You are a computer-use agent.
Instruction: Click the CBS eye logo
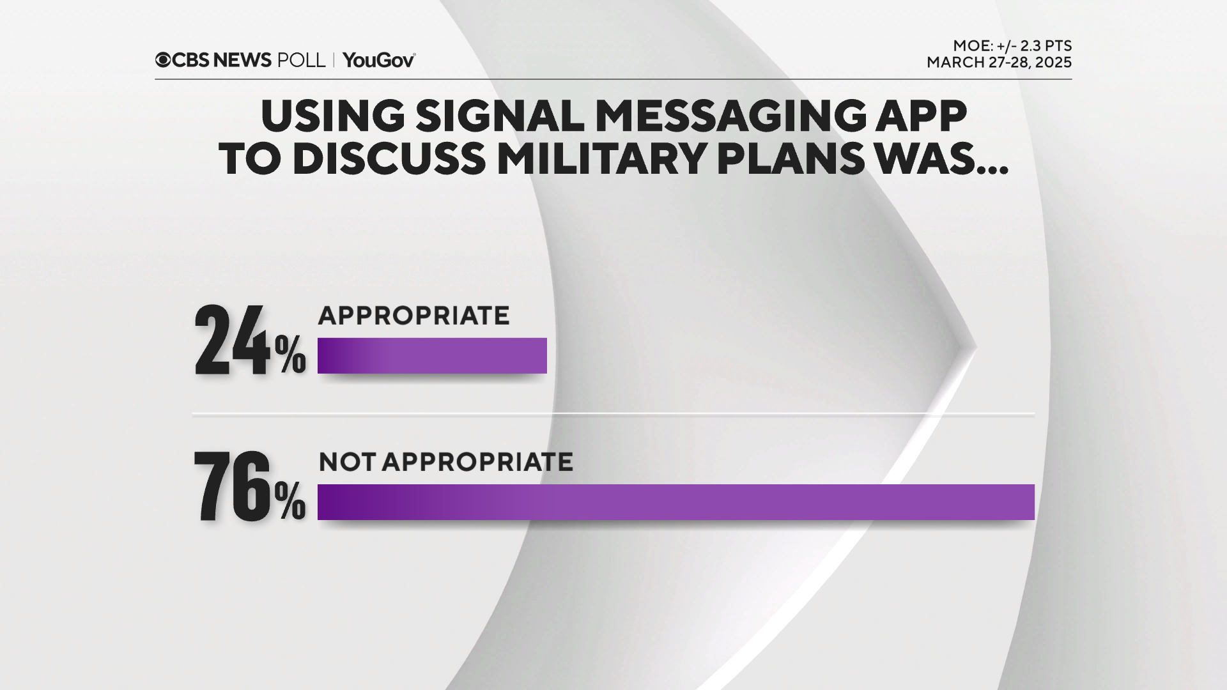tap(163, 60)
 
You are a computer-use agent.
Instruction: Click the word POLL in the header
tap(301, 60)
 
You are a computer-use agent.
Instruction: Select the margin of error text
tap(1012, 46)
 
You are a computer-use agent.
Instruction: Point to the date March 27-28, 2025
tap(999, 63)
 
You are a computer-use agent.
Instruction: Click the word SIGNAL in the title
tap(500, 116)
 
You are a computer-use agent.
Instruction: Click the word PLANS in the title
tap(791, 159)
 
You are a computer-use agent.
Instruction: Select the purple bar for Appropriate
tap(432, 355)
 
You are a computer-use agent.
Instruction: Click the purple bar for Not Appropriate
tap(675, 502)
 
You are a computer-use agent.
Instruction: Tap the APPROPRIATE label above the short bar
tap(413, 316)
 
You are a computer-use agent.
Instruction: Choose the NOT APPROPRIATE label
tap(445, 462)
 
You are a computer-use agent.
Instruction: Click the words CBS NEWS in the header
tap(222, 60)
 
